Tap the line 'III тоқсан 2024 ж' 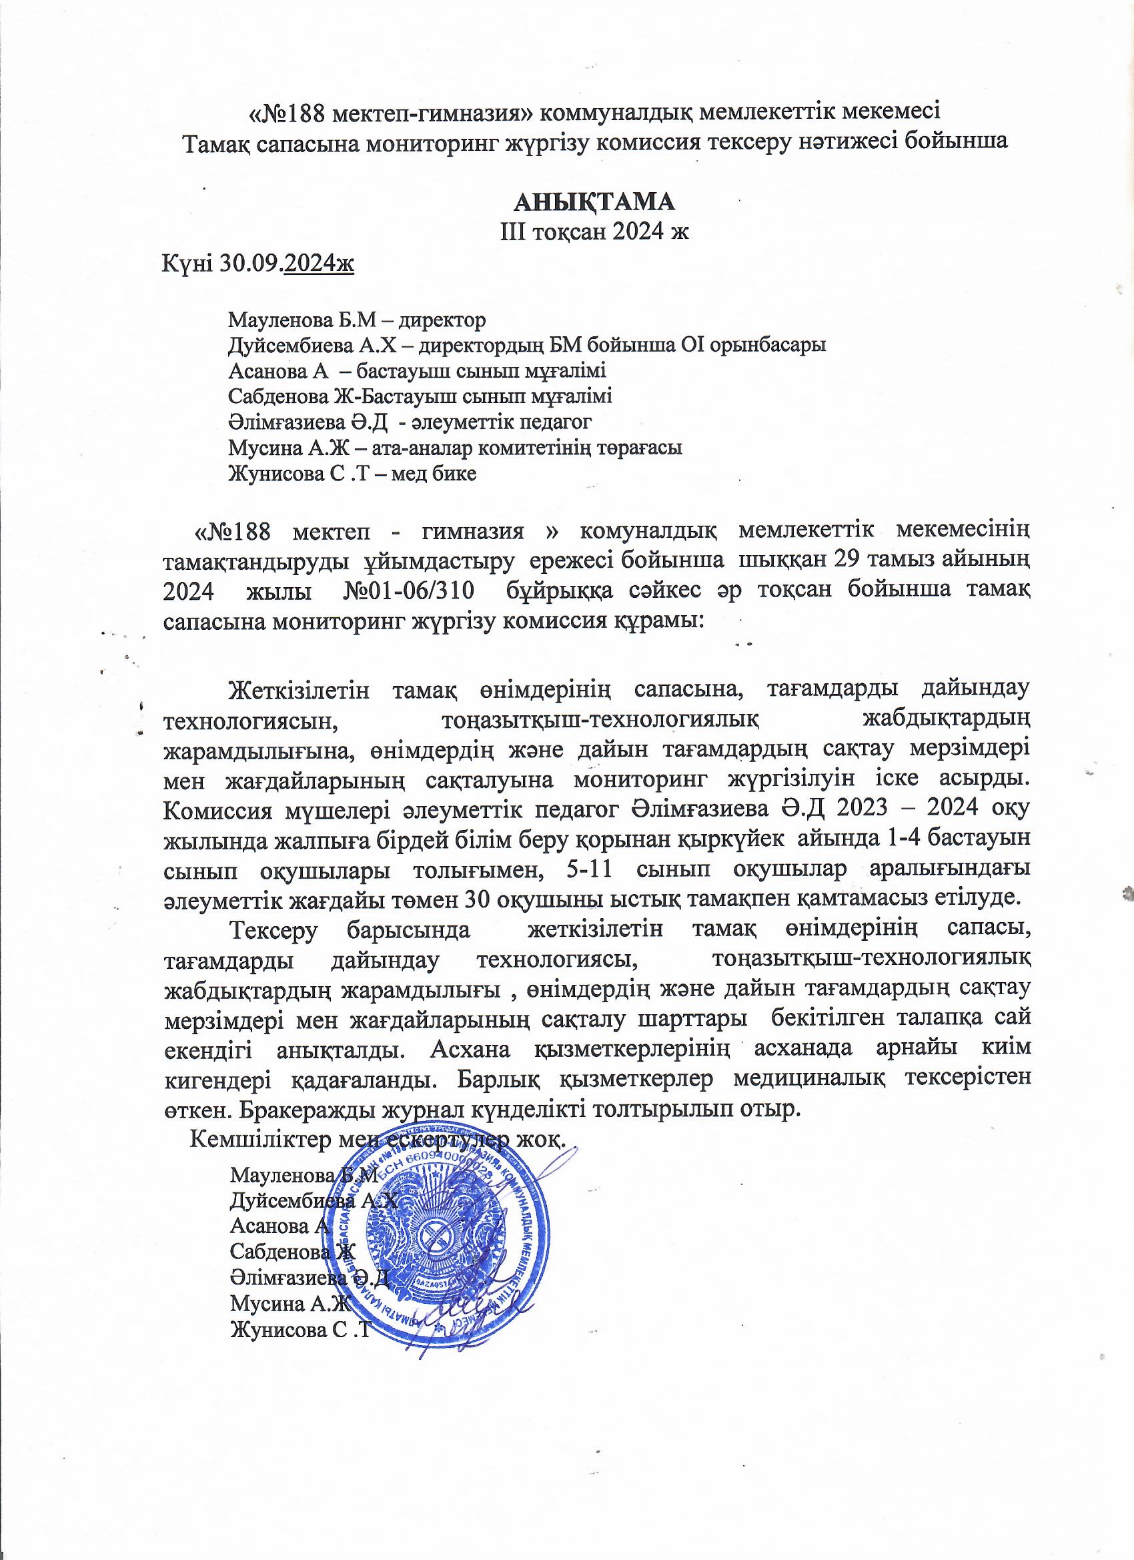[x=594, y=232]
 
